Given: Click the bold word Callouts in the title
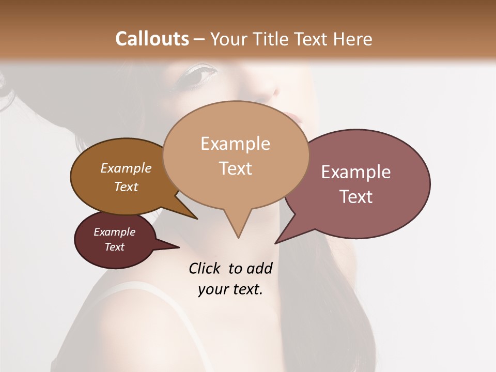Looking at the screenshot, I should pyautogui.click(x=152, y=39).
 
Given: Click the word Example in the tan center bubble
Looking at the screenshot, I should pyautogui.click(x=235, y=144).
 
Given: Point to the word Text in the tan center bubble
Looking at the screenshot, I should pyautogui.click(x=235, y=168).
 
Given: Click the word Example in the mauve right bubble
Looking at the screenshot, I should pyautogui.click(x=356, y=172).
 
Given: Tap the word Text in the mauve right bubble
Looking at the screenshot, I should pyautogui.click(x=356, y=197).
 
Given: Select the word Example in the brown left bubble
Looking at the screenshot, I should pyautogui.click(x=126, y=168).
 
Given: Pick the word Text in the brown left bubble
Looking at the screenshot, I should pyautogui.click(x=126, y=187).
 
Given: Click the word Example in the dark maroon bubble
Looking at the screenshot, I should pyautogui.click(x=115, y=232).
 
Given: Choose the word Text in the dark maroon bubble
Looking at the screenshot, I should pyautogui.click(x=115, y=247).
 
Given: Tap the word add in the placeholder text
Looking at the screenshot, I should pyautogui.click(x=259, y=268).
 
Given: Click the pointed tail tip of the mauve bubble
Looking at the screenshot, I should pyautogui.click(x=276, y=243).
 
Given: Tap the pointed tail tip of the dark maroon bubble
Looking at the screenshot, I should pyautogui.click(x=179, y=247).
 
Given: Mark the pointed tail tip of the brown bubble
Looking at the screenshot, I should pyautogui.click(x=197, y=219).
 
